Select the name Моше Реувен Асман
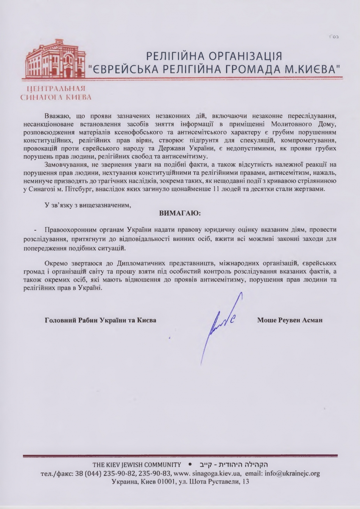click(x=290, y=320)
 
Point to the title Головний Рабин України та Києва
click(x=100, y=320)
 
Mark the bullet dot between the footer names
click(x=190, y=464)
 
